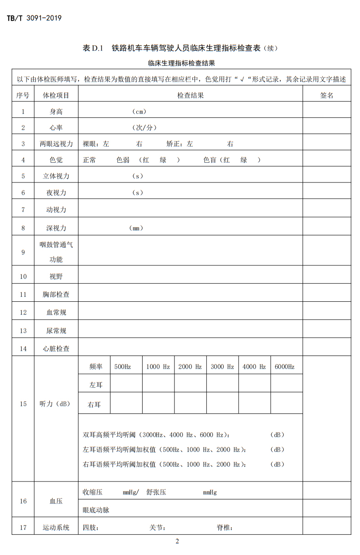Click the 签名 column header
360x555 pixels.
[x=326, y=95]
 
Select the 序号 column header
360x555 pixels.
[x=23, y=95]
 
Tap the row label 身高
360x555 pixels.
[x=56, y=112]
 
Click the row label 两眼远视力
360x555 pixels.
[x=56, y=144]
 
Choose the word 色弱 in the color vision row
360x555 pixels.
[x=123, y=160]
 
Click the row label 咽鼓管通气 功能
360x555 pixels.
[x=56, y=252]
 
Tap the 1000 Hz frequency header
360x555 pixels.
[x=158, y=367]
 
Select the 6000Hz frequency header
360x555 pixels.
[x=284, y=367]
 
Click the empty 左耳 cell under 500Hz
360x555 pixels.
[x=126, y=384]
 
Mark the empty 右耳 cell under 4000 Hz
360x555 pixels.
[x=254, y=404]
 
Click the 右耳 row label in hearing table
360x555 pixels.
[x=94, y=405]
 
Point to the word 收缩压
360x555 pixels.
[x=93, y=492]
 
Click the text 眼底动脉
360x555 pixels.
[x=96, y=510]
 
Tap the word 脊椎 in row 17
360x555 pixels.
[x=224, y=528]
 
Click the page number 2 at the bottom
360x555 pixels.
[x=178, y=542]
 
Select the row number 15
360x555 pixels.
[x=23, y=404]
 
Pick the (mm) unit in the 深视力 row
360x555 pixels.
[x=136, y=228]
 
